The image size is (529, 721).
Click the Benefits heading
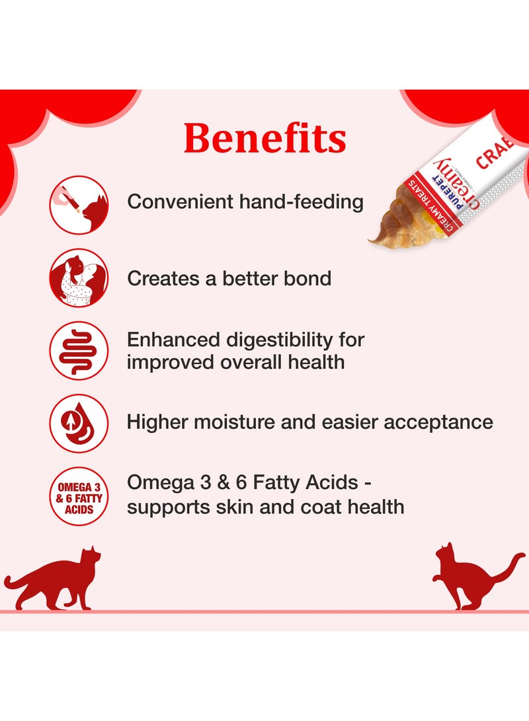click(x=264, y=138)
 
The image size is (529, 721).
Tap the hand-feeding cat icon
click(x=79, y=205)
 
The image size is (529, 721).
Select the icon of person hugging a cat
click(x=79, y=278)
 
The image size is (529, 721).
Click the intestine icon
click(x=79, y=351)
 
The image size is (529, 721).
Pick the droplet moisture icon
click(x=79, y=424)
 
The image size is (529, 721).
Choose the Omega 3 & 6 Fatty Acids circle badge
click(x=79, y=496)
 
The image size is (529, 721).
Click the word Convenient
click(x=181, y=202)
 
